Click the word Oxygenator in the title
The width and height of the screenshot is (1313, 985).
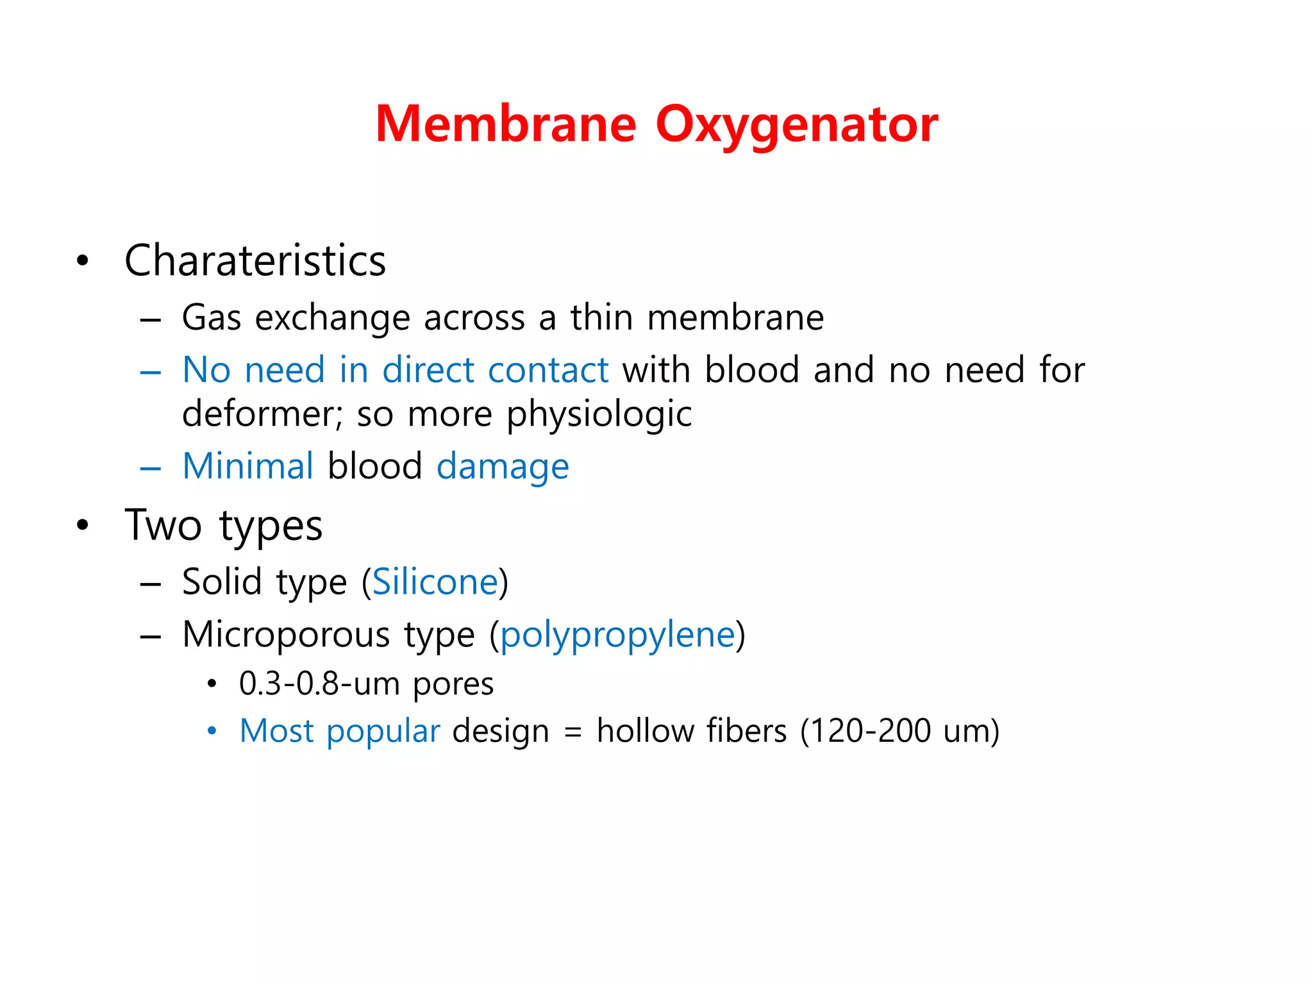797,125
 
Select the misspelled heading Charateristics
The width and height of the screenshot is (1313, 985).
255,261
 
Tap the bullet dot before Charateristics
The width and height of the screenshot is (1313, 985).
82,261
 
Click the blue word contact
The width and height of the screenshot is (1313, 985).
548,370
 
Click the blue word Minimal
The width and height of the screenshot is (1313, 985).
248,466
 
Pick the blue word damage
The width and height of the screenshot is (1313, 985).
503,467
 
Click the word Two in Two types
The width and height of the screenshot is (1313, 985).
163,525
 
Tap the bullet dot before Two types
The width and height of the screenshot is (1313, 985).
82,525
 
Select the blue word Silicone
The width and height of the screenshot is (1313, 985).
435,582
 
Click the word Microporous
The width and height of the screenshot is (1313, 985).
286,635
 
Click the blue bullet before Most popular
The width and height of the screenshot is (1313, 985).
212,731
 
